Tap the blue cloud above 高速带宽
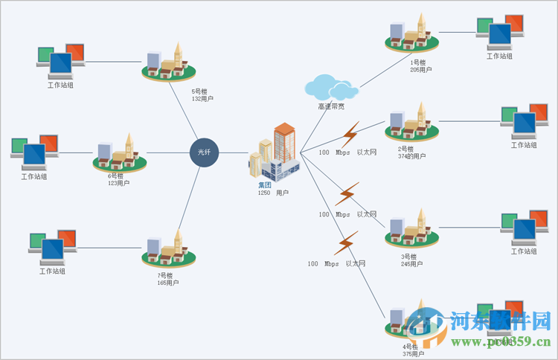[330, 87]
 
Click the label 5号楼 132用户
[202, 95]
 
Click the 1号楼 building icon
[411, 37]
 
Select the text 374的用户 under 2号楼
[411, 156]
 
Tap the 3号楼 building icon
[411, 229]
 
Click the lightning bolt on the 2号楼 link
[348, 134]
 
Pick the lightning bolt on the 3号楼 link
[347, 193]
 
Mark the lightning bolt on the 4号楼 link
[346, 243]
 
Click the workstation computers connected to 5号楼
[61, 60]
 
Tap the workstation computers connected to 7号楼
[52, 245]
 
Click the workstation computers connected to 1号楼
[500, 31]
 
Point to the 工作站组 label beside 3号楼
[524, 251]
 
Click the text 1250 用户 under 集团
[273, 193]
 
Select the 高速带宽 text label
[331, 106]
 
